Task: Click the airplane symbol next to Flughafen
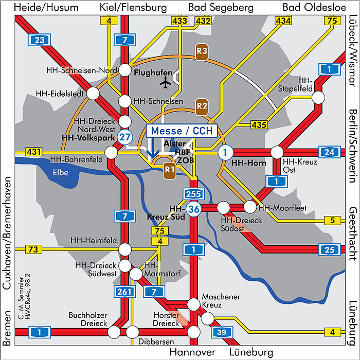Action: click(x=166, y=82)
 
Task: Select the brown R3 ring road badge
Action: click(x=202, y=51)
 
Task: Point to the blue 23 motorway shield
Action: click(x=40, y=40)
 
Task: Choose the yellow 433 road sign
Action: click(x=179, y=21)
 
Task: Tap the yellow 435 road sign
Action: click(x=258, y=124)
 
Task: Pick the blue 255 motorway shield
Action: click(x=193, y=194)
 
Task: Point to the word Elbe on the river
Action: click(x=61, y=173)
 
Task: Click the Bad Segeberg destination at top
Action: click(x=221, y=7)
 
